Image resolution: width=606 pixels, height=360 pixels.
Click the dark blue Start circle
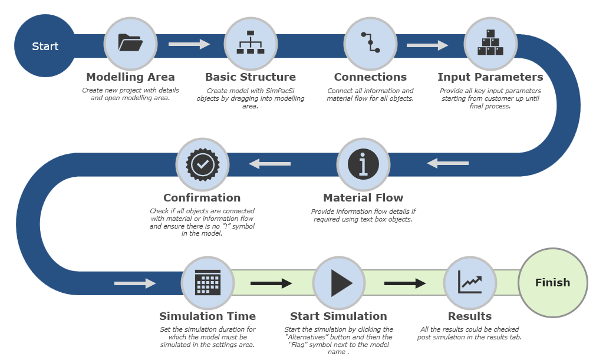pyautogui.click(x=45, y=46)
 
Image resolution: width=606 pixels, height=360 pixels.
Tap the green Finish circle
pyautogui.click(x=552, y=283)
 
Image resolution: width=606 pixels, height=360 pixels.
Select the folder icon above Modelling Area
pyautogui.click(x=130, y=44)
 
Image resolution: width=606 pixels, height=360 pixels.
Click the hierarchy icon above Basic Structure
pyautogui.click(x=251, y=44)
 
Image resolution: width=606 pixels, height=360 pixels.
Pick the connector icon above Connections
pyautogui.click(x=370, y=44)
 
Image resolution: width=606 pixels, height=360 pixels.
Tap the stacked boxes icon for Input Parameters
pyautogui.click(x=490, y=44)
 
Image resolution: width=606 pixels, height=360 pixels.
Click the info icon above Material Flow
pyautogui.click(x=363, y=164)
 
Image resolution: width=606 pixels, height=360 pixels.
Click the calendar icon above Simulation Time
pyautogui.click(x=208, y=283)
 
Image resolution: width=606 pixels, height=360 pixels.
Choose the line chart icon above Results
pyautogui.click(x=470, y=283)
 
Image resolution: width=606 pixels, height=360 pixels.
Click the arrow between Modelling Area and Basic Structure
pyautogui.click(x=189, y=44)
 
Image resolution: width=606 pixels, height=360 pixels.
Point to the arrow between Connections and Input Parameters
pyautogui.click(x=427, y=45)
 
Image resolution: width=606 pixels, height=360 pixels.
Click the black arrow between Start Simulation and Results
pyautogui.click(x=405, y=283)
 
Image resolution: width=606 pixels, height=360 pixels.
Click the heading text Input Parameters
pyautogui.click(x=490, y=77)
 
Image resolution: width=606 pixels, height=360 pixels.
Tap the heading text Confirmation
pyautogui.click(x=202, y=198)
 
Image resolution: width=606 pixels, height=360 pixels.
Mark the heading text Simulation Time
pyautogui.click(x=208, y=316)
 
